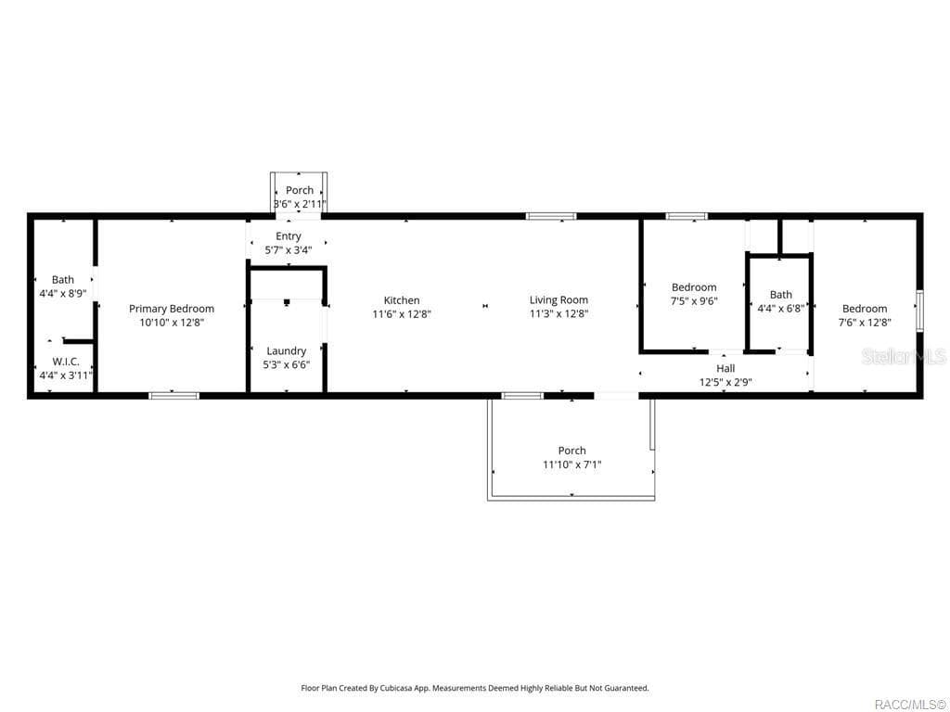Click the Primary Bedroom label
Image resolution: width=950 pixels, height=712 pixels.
tap(172, 309)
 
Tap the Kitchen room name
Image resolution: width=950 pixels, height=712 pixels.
tap(402, 300)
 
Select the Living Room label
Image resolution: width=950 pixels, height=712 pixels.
tap(558, 300)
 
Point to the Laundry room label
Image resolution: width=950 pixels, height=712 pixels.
tap(286, 351)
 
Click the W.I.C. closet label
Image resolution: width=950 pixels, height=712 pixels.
tap(65, 362)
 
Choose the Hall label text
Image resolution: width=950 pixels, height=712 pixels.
tap(725, 368)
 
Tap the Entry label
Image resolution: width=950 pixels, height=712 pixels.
tap(288, 236)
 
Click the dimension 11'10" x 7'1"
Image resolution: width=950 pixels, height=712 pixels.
tap(571, 464)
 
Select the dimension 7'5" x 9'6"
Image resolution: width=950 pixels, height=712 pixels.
tap(694, 301)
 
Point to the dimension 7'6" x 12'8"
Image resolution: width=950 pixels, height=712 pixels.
tap(864, 323)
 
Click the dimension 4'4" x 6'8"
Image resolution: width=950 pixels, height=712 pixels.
tap(780, 309)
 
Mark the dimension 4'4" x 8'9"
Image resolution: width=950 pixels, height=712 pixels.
tap(63, 293)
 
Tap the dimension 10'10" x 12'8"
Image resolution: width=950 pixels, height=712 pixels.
tap(172, 323)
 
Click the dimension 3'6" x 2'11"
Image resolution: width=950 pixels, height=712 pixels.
tap(299, 204)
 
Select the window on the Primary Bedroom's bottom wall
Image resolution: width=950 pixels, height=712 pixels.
tap(174, 396)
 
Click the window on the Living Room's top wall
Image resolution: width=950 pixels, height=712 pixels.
tap(551, 216)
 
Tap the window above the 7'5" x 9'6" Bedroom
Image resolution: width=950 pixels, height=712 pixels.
tap(687, 216)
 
